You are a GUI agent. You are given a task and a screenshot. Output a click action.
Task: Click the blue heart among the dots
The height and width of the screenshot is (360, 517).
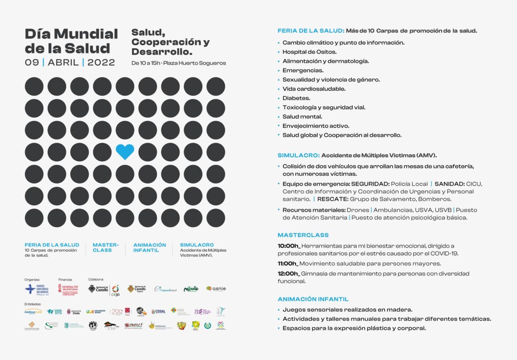125,152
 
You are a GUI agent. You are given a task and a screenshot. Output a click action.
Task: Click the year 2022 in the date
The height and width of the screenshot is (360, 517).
101,62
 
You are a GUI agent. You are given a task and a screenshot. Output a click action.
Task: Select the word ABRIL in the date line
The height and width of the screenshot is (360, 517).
63,62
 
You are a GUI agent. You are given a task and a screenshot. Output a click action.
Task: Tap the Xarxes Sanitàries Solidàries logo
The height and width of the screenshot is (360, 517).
37,289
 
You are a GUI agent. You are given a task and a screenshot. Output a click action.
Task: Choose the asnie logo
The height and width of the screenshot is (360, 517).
216,289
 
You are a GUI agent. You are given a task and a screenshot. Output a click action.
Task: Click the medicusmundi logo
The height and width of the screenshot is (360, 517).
33,311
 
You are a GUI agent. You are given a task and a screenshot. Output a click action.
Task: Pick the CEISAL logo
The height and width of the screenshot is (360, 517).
158,311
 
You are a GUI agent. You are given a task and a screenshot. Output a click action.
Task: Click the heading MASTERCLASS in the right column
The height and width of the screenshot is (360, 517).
303,235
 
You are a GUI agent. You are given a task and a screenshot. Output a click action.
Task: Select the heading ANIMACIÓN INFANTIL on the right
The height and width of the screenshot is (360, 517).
313,299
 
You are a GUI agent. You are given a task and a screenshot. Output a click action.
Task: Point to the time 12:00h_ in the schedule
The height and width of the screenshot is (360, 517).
289,274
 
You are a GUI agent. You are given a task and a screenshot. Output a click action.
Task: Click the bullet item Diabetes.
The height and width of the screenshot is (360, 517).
297,98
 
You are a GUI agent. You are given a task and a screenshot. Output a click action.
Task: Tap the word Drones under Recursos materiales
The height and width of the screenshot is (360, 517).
357,210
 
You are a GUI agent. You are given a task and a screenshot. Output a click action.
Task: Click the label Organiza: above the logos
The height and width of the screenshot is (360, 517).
32,280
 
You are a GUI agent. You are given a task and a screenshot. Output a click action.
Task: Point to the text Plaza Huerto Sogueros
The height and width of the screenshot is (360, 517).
194,63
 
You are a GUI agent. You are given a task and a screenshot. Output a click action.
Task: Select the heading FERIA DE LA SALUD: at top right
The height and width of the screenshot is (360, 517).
311,31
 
